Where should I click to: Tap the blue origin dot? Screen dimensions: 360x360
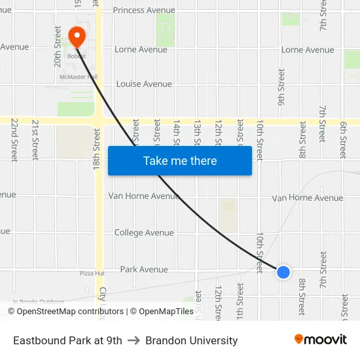pyautogui.click(x=283, y=272)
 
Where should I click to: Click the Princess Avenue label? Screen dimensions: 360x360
pyautogui.click(x=144, y=10)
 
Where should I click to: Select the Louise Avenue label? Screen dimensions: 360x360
pyautogui.click(x=144, y=84)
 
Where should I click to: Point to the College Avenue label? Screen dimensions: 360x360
pyautogui.click(x=144, y=232)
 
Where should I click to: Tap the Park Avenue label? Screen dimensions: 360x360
pyautogui.click(x=144, y=269)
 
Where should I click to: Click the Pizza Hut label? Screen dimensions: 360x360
pyautogui.click(x=92, y=273)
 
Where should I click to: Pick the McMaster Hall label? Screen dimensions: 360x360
pyautogui.click(x=78, y=77)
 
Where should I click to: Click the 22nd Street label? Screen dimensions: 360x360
pyautogui.click(x=14, y=139)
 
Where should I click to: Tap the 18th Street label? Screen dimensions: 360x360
pyautogui.click(x=96, y=149)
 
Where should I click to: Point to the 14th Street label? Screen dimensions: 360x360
pyautogui.click(x=177, y=133)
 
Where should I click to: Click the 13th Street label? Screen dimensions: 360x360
pyautogui.click(x=198, y=133)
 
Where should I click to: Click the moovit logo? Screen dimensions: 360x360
pyautogui.click(x=321, y=339)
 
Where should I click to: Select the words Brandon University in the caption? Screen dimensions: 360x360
pyautogui.click(x=192, y=340)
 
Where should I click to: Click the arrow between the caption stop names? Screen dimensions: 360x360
pyautogui.click(x=134, y=340)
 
